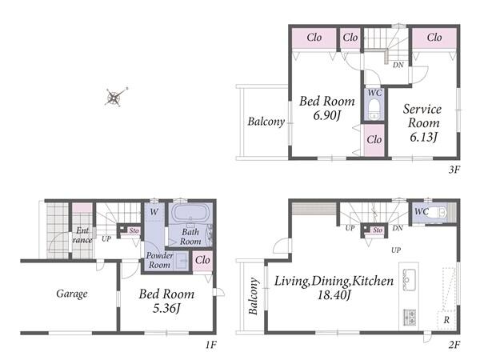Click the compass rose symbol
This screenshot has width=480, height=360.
pos(114,98)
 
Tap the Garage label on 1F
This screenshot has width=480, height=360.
pos(72,294)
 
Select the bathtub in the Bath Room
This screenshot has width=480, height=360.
pos(190,213)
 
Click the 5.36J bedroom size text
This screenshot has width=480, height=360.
pos(166,308)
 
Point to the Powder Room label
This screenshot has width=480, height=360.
pos(159,260)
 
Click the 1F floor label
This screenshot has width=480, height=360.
pos(211,345)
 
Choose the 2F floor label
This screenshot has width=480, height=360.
pos(454,345)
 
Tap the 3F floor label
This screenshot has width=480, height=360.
pos(454,170)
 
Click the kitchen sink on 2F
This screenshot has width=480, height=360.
pos(409,279)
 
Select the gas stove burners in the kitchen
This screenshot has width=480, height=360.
pos(410,317)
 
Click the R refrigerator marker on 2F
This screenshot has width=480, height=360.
pos(446,320)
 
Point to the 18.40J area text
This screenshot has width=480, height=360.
pos(334,295)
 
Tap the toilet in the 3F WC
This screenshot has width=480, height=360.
pos(374,110)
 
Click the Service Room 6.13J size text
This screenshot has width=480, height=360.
pos(423,137)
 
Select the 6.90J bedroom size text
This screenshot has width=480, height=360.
pos(327,115)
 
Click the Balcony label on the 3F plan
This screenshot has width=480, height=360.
pos(266,122)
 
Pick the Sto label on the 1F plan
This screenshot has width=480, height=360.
pos(134,230)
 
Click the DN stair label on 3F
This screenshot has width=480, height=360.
pos(398,65)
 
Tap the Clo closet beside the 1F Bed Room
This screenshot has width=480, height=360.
pos(202,260)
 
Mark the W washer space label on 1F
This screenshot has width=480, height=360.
pos(154,211)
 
